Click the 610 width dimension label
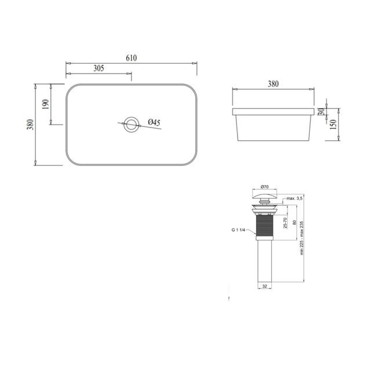(x=132, y=58)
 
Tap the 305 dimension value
(x=98, y=68)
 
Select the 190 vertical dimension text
(x=46, y=104)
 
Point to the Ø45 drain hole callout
(x=154, y=122)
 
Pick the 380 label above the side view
(x=273, y=84)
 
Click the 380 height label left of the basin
(x=30, y=125)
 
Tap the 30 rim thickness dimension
(x=321, y=111)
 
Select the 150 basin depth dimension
(x=333, y=125)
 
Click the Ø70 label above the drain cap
(x=265, y=187)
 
